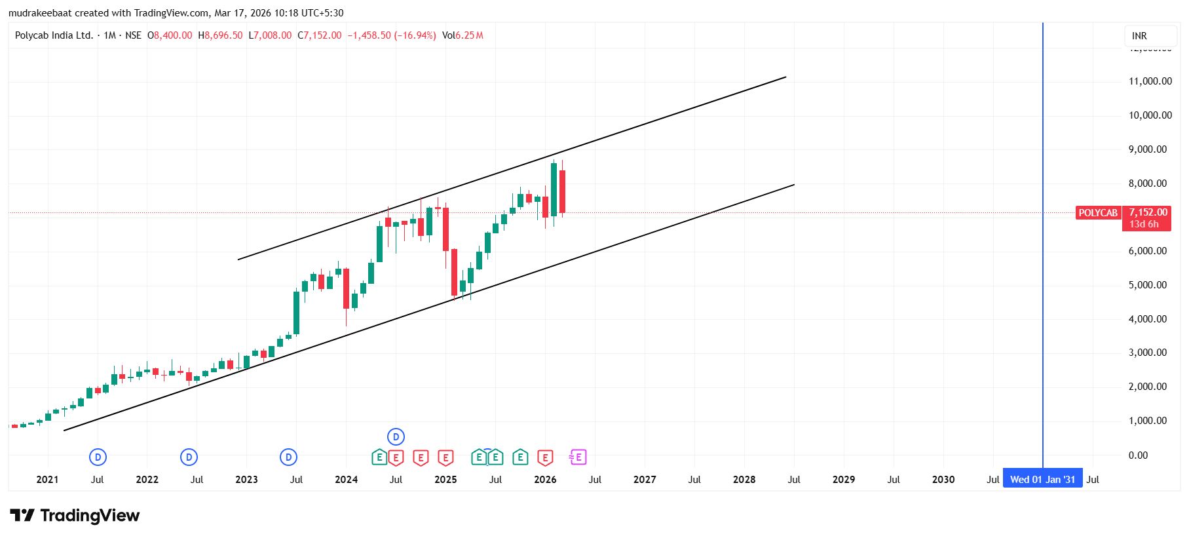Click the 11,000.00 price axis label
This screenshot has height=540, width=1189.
(x=1150, y=81)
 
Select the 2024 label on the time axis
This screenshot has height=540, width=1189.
(x=346, y=480)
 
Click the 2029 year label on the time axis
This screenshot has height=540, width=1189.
(x=843, y=480)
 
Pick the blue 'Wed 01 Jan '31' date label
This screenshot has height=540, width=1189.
(x=1042, y=480)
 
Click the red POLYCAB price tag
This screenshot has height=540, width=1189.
(x=1098, y=213)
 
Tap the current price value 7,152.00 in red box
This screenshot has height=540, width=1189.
(x=1148, y=212)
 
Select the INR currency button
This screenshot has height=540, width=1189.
(x=1139, y=36)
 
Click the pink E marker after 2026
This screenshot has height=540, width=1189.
(x=578, y=457)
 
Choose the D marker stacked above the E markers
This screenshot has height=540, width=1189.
(x=396, y=436)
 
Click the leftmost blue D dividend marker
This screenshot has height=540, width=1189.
(x=98, y=457)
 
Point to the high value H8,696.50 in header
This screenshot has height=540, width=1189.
(x=221, y=35)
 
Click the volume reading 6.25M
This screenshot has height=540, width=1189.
(x=469, y=35)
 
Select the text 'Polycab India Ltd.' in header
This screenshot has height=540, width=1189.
(x=54, y=35)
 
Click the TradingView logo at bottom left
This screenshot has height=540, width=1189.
(x=75, y=516)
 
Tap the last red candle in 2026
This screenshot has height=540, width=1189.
(x=562, y=191)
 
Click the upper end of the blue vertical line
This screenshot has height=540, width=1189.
(x=1043, y=25)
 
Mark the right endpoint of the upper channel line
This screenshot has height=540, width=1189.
(x=785, y=77)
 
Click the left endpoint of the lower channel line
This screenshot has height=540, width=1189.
(x=64, y=431)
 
